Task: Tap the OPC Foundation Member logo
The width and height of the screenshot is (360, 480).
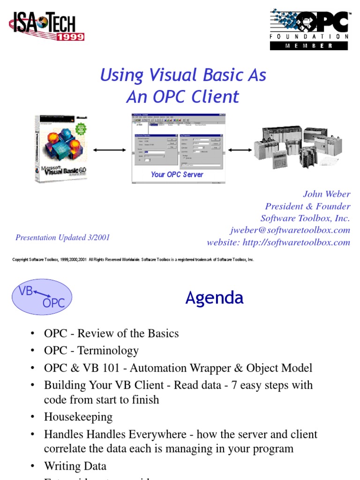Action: point(309,30)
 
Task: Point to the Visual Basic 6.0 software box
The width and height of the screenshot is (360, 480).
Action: point(61,149)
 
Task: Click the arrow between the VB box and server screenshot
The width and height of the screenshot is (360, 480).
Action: point(110,150)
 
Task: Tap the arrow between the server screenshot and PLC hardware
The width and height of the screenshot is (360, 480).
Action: point(240,150)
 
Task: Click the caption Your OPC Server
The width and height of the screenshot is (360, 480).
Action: point(177,174)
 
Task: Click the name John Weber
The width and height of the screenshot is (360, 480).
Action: point(326,194)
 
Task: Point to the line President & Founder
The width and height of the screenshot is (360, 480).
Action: point(307,206)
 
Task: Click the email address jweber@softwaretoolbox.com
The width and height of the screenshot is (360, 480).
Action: point(290,230)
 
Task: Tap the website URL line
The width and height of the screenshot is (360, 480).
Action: point(278,242)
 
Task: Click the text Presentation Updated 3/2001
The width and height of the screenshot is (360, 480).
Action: point(63,237)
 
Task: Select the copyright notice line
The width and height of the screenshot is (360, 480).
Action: point(133,259)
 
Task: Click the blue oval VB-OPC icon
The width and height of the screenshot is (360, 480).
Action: point(42,297)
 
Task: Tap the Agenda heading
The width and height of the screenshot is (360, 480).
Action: point(214,298)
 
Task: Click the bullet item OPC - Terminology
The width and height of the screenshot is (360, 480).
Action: point(91,351)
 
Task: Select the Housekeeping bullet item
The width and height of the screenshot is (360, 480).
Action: point(78,417)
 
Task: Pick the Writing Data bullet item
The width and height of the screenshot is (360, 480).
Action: point(75,466)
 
